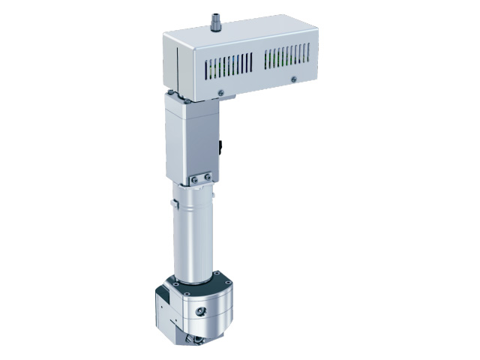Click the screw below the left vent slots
click(x=220, y=93)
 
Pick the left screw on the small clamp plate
click(x=194, y=179)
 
